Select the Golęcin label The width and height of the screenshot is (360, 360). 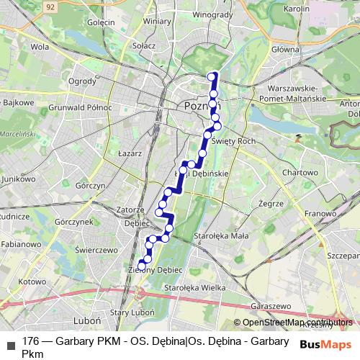coord(102,22)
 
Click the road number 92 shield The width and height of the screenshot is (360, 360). coord(50,6)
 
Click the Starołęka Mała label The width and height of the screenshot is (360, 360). coord(221,235)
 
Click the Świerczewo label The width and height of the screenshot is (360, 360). coord(95,248)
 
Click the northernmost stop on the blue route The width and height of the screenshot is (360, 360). coord(212,76)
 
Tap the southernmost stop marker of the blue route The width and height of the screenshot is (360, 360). coord(141,266)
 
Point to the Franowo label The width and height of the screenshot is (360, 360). coord(319,214)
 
